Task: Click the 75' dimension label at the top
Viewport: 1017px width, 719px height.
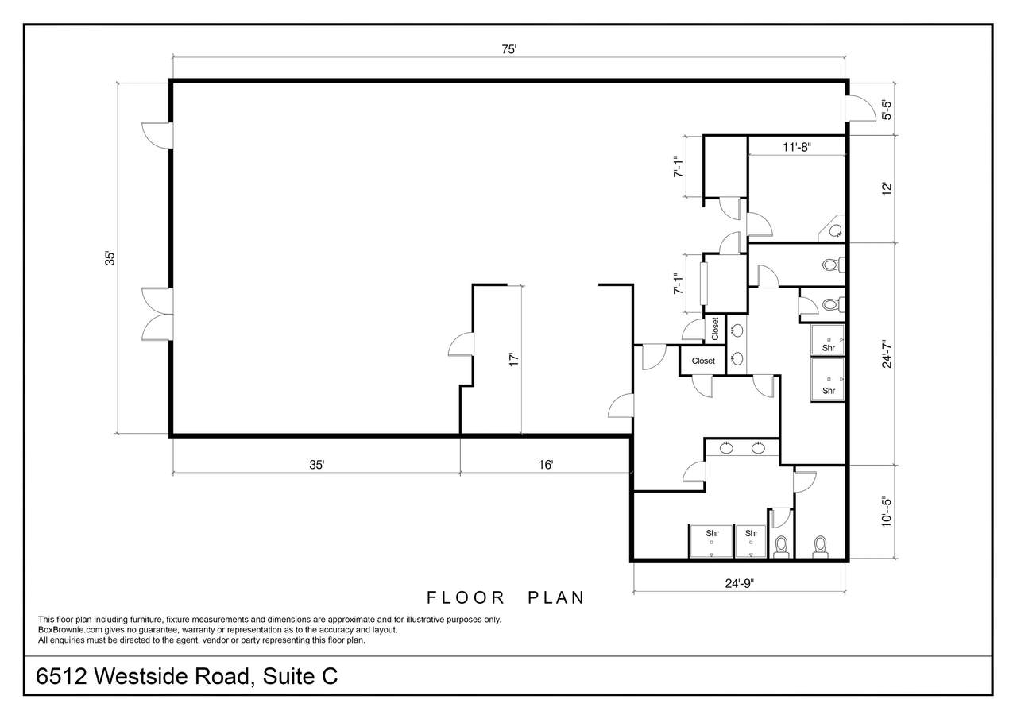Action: (509, 49)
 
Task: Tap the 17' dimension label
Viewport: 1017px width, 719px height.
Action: (513, 359)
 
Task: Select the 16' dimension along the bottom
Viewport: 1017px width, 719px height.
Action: (546, 464)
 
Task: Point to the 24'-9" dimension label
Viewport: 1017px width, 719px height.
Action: (739, 583)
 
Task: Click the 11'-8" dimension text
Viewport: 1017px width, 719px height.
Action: (797, 147)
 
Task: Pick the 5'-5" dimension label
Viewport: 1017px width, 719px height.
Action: (887, 109)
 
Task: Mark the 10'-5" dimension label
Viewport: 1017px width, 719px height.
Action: (887, 512)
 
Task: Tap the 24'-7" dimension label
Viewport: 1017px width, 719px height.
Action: (887, 354)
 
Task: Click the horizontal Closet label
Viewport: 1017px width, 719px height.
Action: (703, 361)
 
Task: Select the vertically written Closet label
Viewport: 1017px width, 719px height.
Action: (715, 329)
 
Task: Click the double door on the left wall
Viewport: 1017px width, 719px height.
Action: (157, 314)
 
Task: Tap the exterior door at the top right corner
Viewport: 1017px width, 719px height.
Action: (860, 109)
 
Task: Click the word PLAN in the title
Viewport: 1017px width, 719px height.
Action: (556, 597)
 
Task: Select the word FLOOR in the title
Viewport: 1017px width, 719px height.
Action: (466, 597)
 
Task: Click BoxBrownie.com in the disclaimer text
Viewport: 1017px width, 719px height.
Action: (70, 630)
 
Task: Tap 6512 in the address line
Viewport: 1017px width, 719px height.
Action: (61, 676)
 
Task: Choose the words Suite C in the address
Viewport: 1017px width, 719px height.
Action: (300, 676)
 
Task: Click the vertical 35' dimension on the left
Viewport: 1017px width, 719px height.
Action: (110, 258)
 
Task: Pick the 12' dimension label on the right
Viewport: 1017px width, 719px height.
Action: (887, 189)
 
